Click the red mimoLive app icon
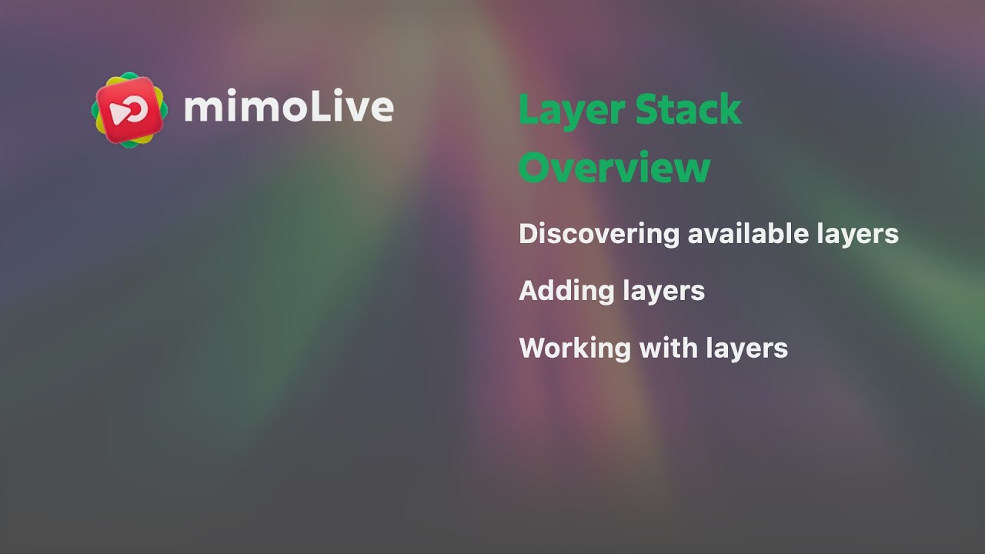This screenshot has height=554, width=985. point(129,110)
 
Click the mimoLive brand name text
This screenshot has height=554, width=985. point(289,108)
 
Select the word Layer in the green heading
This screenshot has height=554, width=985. point(570,110)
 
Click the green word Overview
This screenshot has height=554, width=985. point(614,168)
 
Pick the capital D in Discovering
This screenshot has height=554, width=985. point(529,234)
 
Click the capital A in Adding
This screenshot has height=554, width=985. point(529,291)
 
